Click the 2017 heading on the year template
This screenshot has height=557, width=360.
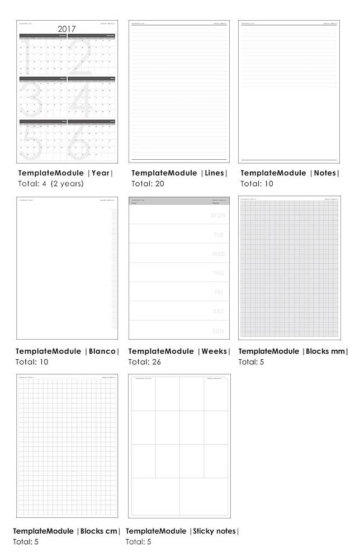(67, 28)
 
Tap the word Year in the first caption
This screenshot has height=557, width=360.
(101, 173)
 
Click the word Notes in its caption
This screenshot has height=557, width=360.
(325, 173)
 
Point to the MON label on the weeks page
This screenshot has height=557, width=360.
(217, 216)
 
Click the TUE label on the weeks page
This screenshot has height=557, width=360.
(219, 235)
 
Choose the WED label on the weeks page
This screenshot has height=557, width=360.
(218, 254)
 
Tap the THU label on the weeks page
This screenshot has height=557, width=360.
(219, 273)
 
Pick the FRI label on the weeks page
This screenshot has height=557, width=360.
(219, 293)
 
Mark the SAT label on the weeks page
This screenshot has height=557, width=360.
(219, 312)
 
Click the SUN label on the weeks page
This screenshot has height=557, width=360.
(219, 331)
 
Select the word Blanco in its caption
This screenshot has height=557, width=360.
(103, 351)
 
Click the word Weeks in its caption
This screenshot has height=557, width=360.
(215, 351)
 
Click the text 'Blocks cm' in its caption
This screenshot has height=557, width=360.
(99, 531)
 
